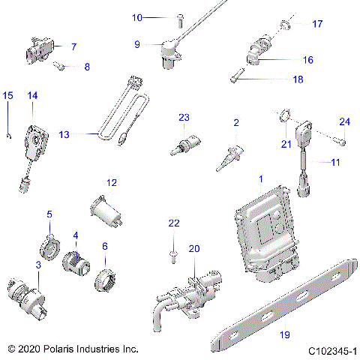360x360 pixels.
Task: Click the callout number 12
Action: coord(111,182)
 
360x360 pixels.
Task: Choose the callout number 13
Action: coord(64,134)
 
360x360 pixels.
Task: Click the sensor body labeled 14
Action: coord(36,134)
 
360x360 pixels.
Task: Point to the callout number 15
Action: coord(8,95)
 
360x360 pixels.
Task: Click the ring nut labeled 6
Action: coord(102,280)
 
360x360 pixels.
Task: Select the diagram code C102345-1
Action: coord(331,349)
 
